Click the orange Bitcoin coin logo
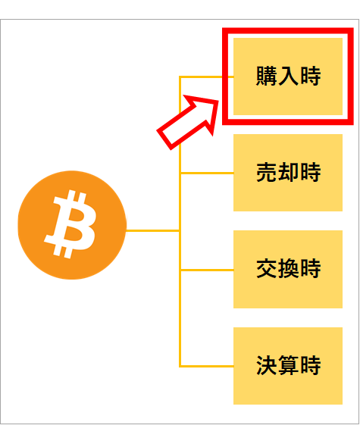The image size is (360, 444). pos(72,225)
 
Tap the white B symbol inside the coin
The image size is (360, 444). pos(70,224)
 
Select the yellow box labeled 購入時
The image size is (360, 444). pos(288,77)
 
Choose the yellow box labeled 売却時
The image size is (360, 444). pos(288,173)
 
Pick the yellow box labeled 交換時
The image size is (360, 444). pos(288,269)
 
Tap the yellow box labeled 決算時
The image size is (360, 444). pos(288,366)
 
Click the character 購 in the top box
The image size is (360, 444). pos(267,76)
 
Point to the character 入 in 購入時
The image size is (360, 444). pos(288,76)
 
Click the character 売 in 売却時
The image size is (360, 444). pos(267,172)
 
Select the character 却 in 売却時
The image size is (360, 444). pos(288,172)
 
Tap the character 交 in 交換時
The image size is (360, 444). pos(267,268)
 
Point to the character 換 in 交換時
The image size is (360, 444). pos(288,268)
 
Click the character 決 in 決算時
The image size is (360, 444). pos(267,365)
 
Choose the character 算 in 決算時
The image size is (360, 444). pos(288,365)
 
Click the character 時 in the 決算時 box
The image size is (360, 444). pos(311,365)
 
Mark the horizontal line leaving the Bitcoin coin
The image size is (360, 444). pos(152,231)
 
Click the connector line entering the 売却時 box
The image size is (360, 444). pos(207,173)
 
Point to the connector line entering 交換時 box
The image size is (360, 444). pos(207,270)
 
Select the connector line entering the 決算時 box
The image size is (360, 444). pos(207,367)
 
